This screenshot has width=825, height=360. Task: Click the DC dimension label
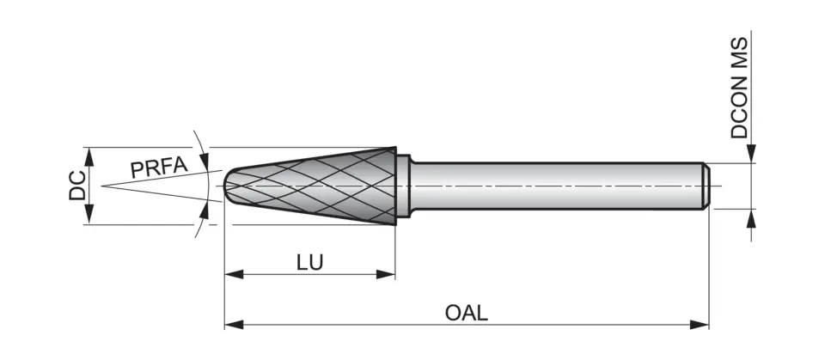point(76,186)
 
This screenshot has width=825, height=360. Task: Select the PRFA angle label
point(158,167)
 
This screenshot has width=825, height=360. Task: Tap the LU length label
point(310,262)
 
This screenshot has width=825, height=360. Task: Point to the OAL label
point(467,312)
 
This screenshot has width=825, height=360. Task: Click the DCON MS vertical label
point(740,88)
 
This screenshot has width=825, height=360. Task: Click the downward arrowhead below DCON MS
point(751,156)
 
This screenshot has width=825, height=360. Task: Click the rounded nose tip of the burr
point(228,186)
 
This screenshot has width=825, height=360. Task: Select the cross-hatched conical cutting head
point(327,186)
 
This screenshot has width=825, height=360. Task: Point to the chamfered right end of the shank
point(706,186)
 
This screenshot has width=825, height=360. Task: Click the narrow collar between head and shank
point(405,186)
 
